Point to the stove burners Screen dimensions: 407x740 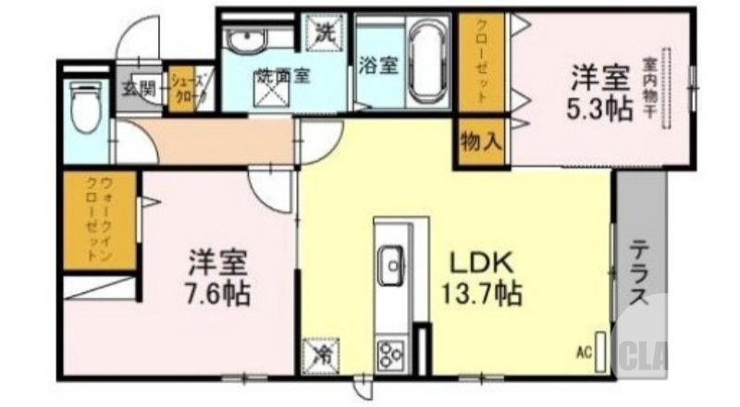(x=389, y=353)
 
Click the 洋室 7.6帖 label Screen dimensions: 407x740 (x=219, y=277)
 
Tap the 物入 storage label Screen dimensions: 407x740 (x=480, y=142)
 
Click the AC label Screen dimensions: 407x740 (x=584, y=351)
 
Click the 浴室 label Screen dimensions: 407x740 (x=377, y=67)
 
